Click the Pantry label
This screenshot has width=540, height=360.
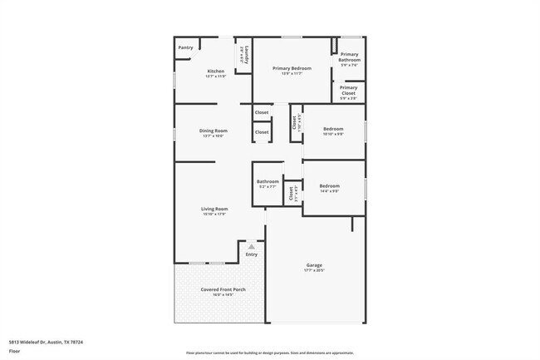[x=186, y=47]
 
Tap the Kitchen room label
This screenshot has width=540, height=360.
[x=215, y=72]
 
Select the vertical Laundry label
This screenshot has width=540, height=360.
[x=243, y=55]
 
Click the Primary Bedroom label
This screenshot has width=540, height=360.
[x=292, y=68]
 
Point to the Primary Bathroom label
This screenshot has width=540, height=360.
[x=349, y=57]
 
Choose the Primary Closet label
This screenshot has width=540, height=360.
[x=349, y=89]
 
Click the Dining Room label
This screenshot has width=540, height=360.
[x=214, y=130]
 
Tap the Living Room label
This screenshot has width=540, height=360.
[x=214, y=208]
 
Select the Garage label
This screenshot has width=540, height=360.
[x=314, y=264]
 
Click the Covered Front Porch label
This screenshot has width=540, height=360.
[x=217, y=288]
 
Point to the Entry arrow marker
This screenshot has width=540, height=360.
[x=251, y=246]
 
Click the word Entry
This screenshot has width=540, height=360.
[x=251, y=254]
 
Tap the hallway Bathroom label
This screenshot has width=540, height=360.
[x=268, y=181]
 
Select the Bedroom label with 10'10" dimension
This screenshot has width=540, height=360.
[x=333, y=129]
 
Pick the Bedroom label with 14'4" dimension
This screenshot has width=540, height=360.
[x=330, y=185]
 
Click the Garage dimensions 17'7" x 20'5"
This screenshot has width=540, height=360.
[x=314, y=270]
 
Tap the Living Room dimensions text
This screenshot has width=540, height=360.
[x=214, y=214]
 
